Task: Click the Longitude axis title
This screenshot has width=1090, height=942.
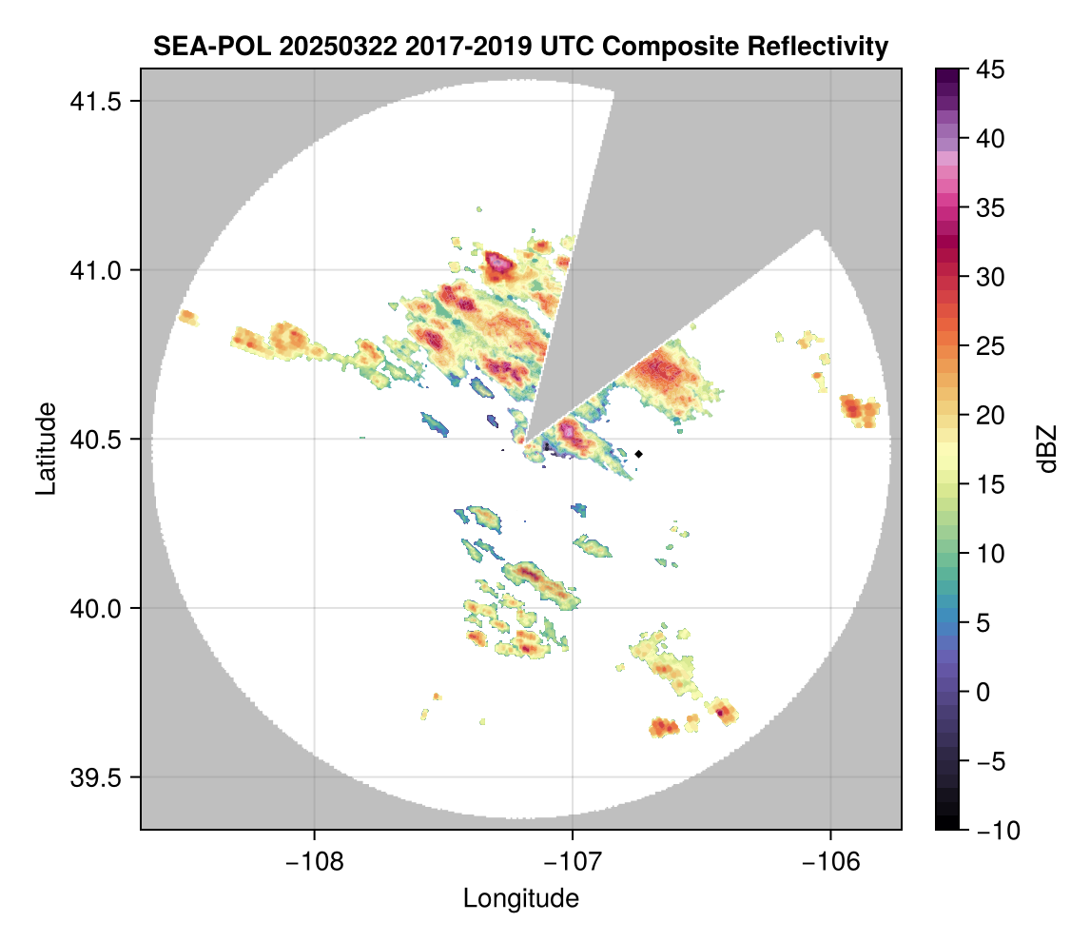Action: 520,897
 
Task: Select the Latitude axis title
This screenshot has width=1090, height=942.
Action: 45,447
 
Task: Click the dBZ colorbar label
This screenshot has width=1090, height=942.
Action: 1047,449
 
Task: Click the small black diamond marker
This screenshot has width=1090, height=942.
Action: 639,454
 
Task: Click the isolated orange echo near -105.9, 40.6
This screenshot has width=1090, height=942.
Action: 860,410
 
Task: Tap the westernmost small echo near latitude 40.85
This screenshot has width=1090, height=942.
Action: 187,317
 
